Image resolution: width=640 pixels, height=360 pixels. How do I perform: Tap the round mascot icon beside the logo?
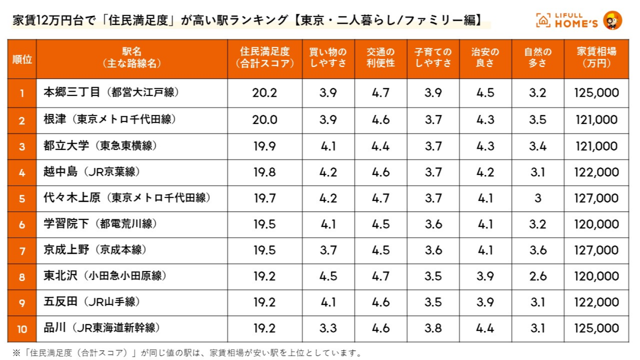pyautogui.click(x=612, y=20)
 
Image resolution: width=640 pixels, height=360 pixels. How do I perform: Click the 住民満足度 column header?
pyautogui.click(x=265, y=57)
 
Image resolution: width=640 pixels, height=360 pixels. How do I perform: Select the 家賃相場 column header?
pyautogui.click(x=596, y=57)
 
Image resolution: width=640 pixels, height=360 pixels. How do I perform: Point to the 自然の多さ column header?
pyautogui.click(x=538, y=57)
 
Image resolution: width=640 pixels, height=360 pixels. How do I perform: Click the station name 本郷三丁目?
pyautogui.click(x=72, y=92)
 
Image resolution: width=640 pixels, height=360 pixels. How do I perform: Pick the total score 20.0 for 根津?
pyautogui.click(x=265, y=120)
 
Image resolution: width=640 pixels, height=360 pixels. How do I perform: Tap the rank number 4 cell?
pyautogui.click(x=22, y=173)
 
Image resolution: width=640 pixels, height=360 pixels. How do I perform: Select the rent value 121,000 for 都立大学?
pyautogui.click(x=596, y=146)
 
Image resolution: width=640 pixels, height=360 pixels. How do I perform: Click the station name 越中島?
pyautogui.click(x=61, y=172)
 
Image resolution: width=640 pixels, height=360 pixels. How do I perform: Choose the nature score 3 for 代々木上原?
pyautogui.click(x=538, y=198)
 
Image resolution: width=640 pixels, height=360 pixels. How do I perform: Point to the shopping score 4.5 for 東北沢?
pyautogui.click(x=328, y=276)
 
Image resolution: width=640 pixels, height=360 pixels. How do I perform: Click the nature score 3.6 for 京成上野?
pyautogui.click(x=538, y=250)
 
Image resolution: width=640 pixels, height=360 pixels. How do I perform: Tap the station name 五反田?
pyautogui.click(x=61, y=302)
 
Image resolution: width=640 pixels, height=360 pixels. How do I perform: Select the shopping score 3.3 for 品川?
pyautogui.click(x=328, y=328)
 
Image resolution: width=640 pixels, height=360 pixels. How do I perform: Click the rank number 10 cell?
pyautogui.click(x=22, y=329)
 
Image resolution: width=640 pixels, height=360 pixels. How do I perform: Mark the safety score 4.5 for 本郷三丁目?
pyautogui.click(x=485, y=92)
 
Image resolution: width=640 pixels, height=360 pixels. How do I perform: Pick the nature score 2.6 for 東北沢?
pyautogui.click(x=538, y=276)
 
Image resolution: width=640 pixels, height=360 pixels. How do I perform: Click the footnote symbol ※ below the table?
pyautogui.click(x=16, y=353)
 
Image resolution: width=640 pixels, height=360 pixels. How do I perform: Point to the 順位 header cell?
pyautogui.click(x=22, y=59)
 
